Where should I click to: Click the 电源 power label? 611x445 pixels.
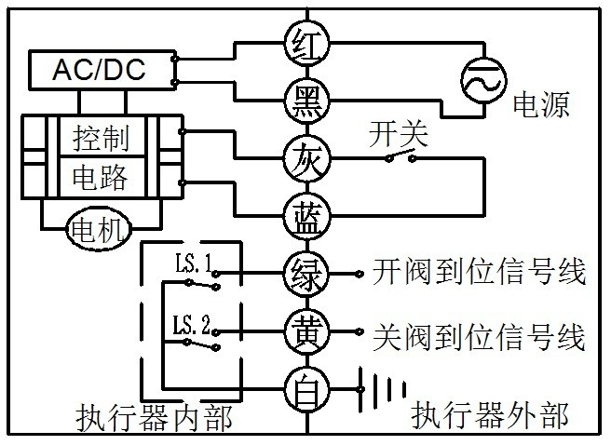coord(541,104)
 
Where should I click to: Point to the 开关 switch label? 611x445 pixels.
coord(398,134)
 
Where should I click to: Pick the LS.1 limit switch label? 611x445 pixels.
coord(194,263)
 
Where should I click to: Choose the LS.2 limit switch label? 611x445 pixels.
coord(192,325)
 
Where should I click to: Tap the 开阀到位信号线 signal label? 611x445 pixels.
coord(480,271)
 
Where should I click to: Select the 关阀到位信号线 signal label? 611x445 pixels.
coord(480,337)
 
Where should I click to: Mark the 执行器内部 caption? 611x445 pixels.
coord(155,419)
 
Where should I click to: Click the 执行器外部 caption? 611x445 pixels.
coord(489,415)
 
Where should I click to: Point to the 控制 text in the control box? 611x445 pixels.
coord(101,138)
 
